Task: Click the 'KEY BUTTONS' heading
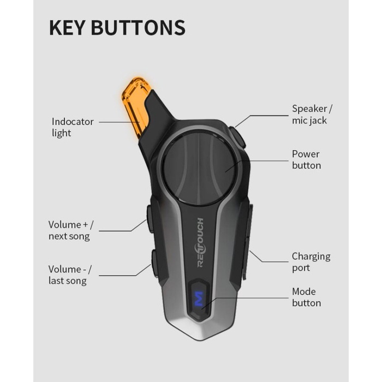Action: click(117, 27)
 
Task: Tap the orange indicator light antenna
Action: click(135, 105)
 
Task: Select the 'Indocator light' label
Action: click(73, 127)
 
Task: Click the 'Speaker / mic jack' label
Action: click(312, 115)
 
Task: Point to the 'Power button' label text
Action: click(306, 160)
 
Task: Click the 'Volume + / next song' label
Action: click(70, 230)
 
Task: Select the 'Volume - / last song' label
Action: click(70, 275)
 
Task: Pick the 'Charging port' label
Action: click(311, 262)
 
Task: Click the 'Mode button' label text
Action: click(306, 297)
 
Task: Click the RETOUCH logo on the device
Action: click(200, 242)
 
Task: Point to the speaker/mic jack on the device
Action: click(237, 137)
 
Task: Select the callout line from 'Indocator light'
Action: click(119, 122)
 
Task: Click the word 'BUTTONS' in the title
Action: click(138, 27)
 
